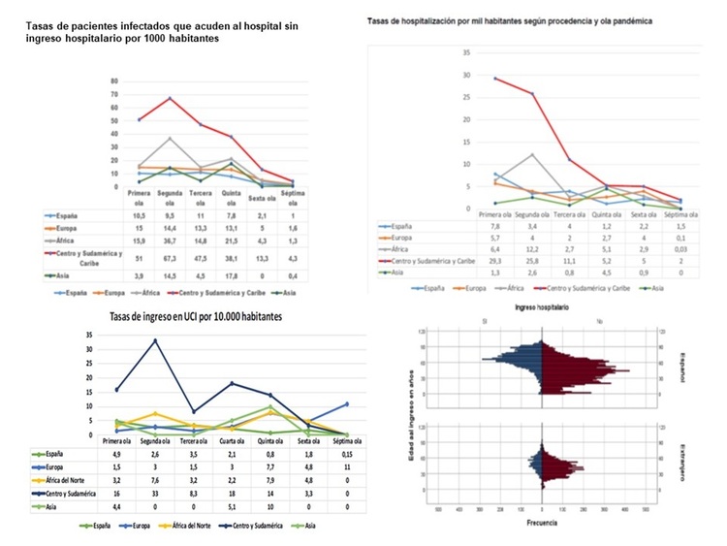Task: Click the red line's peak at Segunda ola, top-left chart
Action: [x=171, y=98]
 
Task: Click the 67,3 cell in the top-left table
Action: [x=171, y=246]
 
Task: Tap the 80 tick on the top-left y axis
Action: [x=115, y=80]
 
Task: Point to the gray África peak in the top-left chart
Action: [x=171, y=138]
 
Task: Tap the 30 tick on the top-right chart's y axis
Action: [x=468, y=75]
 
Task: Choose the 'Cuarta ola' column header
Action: [x=232, y=440]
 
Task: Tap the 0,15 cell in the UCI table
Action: [x=347, y=453]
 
